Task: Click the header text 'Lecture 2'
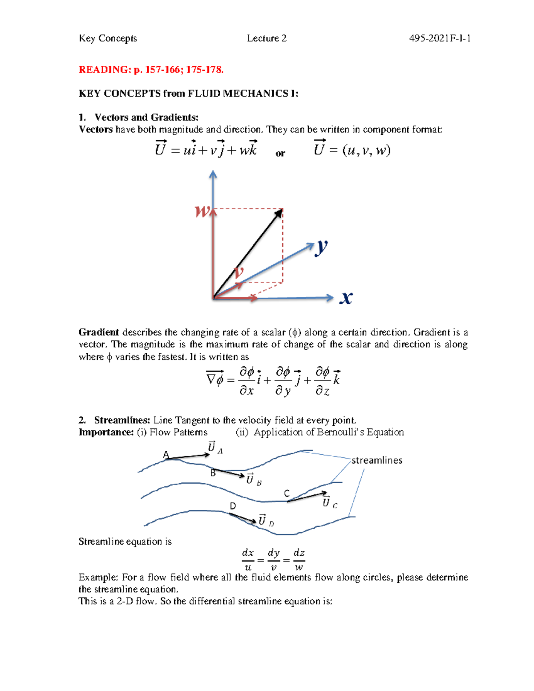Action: pos(267,39)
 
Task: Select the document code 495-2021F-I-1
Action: pos(440,39)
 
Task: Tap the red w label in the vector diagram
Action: pos(202,211)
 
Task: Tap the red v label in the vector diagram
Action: pos(239,271)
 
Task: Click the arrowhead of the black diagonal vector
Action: pos(279,213)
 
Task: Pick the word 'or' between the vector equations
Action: pos(280,154)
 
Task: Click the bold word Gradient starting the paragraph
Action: pos(98,332)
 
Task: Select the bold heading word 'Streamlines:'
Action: pos(122,420)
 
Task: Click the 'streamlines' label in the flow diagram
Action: pos(377,461)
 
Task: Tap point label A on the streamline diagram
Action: pos(166,455)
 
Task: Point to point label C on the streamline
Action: pos(287,493)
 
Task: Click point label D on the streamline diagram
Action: pos(233,506)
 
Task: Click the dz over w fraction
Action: pos(299,560)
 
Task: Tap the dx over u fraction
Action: pos(248,560)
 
